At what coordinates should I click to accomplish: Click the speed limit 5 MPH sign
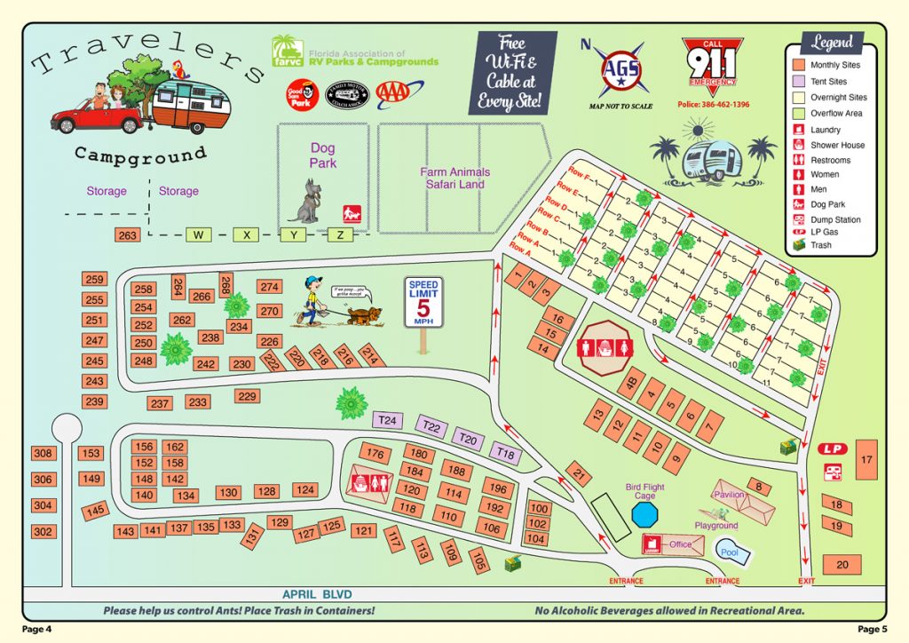click(x=423, y=303)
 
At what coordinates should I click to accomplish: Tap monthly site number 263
click(x=128, y=235)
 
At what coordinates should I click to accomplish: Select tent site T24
click(x=387, y=420)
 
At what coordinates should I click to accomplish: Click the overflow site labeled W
click(x=199, y=235)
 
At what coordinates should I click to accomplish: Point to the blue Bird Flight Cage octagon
click(x=645, y=513)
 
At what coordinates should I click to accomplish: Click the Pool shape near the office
click(x=732, y=552)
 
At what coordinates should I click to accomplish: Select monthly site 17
click(x=866, y=459)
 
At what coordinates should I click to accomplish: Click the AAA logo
click(x=400, y=91)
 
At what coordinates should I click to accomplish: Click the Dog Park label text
click(x=322, y=155)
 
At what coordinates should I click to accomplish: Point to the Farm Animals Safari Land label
click(x=454, y=178)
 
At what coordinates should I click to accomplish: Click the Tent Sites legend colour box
click(x=797, y=82)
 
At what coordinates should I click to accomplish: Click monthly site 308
click(x=43, y=454)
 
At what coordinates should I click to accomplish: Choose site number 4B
click(x=632, y=384)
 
